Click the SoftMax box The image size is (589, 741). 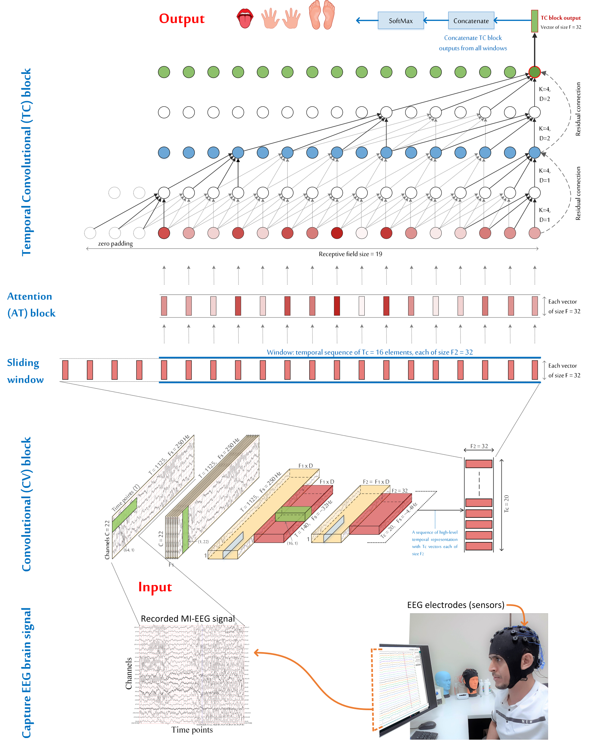click(400, 21)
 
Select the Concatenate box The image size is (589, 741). click(471, 21)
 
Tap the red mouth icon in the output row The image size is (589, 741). click(245, 19)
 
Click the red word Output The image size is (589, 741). click(182, 19)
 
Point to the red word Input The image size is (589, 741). click(155, 587)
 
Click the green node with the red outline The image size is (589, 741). click(534, 72)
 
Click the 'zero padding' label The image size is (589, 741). click(115, 243)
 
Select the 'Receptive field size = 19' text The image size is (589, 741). click(350, 254)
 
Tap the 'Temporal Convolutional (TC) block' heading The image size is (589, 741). click(26, 162)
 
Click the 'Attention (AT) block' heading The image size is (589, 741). click(31, 304)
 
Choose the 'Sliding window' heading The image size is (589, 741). click(25, 371)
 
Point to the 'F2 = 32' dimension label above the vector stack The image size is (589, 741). click(479, 446)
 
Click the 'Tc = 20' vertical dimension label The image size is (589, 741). click(506, 504)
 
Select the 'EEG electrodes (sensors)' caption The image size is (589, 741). click(455, 605)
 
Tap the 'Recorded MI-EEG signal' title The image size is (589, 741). click(188, 619)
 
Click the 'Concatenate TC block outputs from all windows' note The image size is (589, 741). click(473, 43)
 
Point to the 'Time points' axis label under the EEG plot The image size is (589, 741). click(192, 730)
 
